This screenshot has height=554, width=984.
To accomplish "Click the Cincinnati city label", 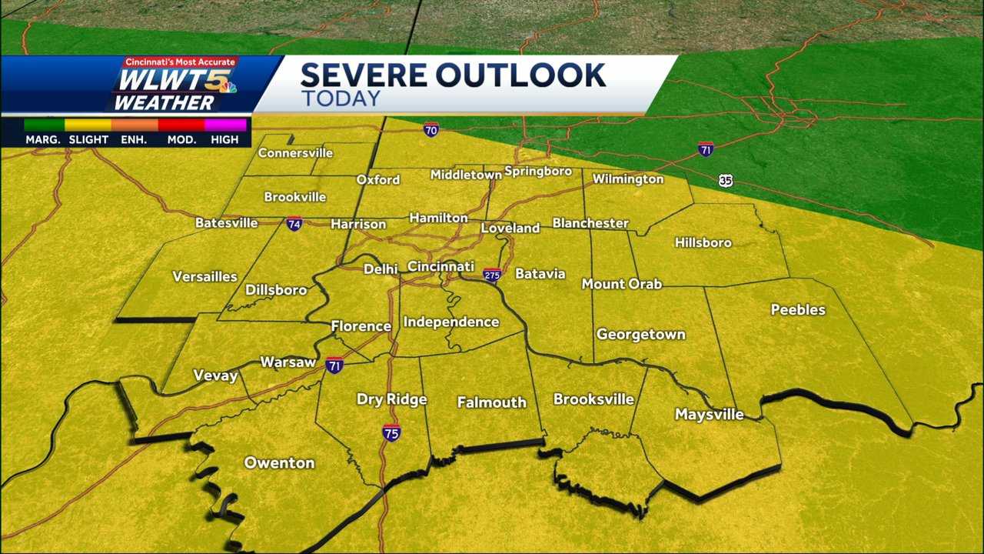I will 440,266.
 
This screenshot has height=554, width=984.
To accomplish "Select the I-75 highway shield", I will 391,432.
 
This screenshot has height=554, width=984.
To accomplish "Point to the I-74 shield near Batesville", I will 294,224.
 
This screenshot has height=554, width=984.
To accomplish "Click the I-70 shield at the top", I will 430,129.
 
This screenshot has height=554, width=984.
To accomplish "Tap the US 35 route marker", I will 726,180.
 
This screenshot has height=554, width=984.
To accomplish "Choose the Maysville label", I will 709,415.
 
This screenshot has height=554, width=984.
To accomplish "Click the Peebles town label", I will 798,310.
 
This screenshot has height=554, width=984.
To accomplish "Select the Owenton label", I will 279,463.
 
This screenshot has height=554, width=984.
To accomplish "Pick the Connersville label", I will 295,153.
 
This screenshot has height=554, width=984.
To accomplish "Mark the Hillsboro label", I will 703,243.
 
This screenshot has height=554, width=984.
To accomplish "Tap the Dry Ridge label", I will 391,399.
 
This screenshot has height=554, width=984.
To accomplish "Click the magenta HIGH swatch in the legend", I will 225,125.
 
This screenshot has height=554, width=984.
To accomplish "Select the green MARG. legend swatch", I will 44,125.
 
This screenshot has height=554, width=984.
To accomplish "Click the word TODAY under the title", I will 341,98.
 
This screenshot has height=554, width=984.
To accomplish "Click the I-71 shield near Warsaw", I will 334,365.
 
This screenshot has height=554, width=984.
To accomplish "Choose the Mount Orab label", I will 621,284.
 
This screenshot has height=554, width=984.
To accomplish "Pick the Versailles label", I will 204,277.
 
